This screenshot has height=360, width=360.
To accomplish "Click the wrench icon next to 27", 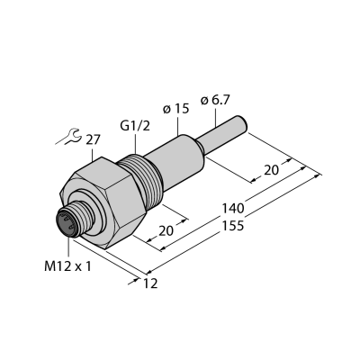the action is [x=68, y=137].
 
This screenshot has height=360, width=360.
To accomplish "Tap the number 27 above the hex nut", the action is [x=93, y=140].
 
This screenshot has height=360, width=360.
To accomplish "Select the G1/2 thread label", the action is [x=135, y=126].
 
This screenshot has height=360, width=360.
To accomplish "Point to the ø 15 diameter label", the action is [x=176, y=109].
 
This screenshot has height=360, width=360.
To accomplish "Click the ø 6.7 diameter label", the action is [x=215, y=101].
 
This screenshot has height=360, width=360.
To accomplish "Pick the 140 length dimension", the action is [x=233, y=208].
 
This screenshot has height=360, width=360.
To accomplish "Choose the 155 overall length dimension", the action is [x=232, y=225].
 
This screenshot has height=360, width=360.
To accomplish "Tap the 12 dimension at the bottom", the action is [x=150, y=283].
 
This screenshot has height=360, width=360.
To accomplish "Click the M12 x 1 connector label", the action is [x=67, y=266].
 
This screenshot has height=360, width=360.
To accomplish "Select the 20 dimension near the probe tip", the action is [x=271, y=170].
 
